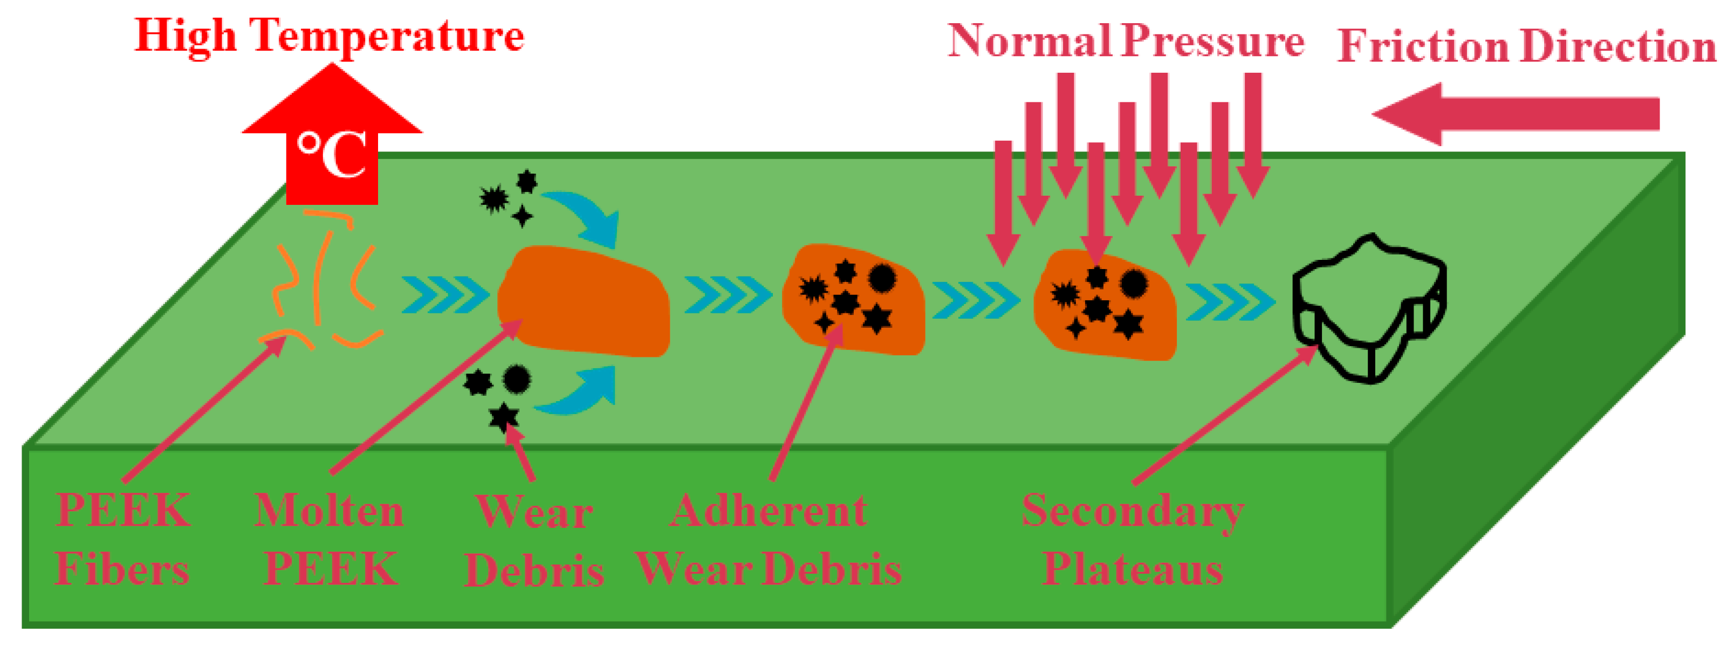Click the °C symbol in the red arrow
click(332, 155)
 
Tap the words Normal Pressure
click(1126, 42)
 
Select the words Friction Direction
click(1526, 47)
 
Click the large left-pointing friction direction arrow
click(1516, 114)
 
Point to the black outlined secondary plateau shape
click(1368, 308)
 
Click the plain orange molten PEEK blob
click(584, 302)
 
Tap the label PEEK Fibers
click(123, 540)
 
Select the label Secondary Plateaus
click(1133, 540)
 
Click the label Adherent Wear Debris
click(769, 540)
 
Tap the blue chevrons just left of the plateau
click(1230, 302)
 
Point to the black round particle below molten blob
click(517, 379)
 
